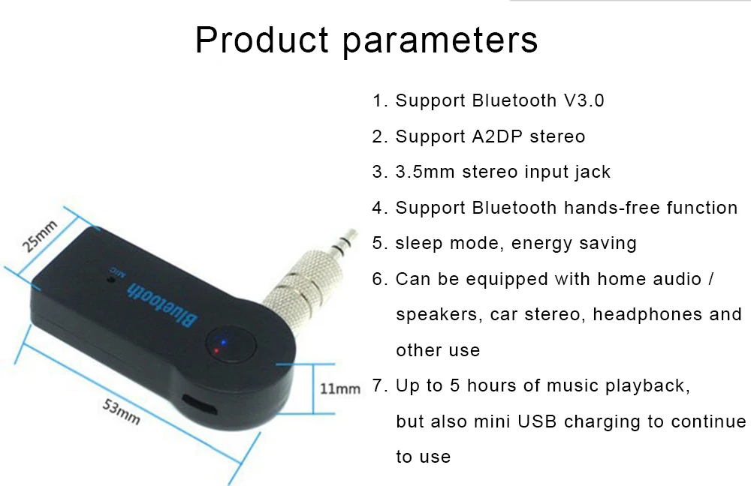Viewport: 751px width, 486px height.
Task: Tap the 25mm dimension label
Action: point(39,235)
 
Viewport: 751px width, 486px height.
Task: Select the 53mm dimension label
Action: point(121,412)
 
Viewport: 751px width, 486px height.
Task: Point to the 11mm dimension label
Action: point(340,388)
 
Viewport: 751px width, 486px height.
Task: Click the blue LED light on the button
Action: point(223,343)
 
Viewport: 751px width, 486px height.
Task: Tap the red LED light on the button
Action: point(216,351)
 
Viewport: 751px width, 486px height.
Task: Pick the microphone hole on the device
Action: point(112,279)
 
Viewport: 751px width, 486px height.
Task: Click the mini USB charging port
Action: point(200,405)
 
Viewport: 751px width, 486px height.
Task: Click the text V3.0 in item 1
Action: point(584,100)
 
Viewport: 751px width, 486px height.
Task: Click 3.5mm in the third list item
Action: point(425,172)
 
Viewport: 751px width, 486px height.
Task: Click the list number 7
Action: point(378,385)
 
